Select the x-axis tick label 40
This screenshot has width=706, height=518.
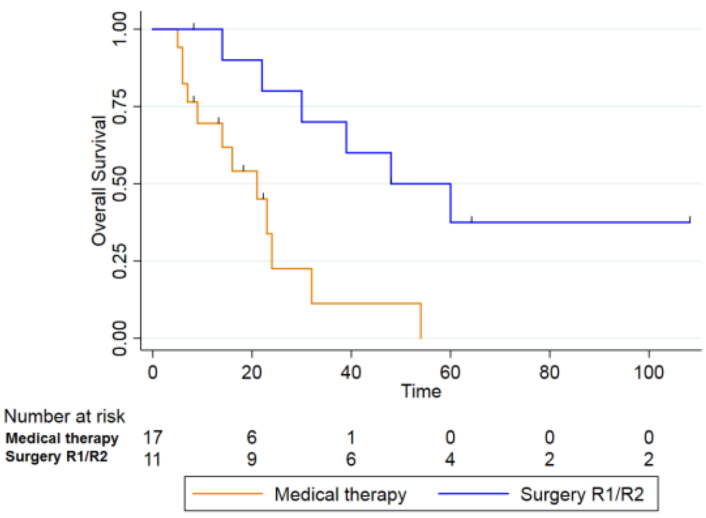pos(351,372)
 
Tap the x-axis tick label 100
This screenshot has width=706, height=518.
pos(649,372)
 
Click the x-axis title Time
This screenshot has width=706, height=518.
pos(421,391)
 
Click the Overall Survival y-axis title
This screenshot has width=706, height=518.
pos(99,181)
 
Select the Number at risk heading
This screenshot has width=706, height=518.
pos(64,416)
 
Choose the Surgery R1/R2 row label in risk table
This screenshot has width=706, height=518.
pos(56,457)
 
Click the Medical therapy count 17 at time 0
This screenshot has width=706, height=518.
pos(153,438)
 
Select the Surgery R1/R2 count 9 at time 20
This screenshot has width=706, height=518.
pos(252,459)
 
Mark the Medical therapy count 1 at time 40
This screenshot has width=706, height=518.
pos(351,438)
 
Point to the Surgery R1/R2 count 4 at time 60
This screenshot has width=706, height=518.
pos(450,459)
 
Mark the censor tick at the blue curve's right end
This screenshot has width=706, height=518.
pos(690,219)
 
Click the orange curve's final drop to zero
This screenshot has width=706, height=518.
pos(421,321)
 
